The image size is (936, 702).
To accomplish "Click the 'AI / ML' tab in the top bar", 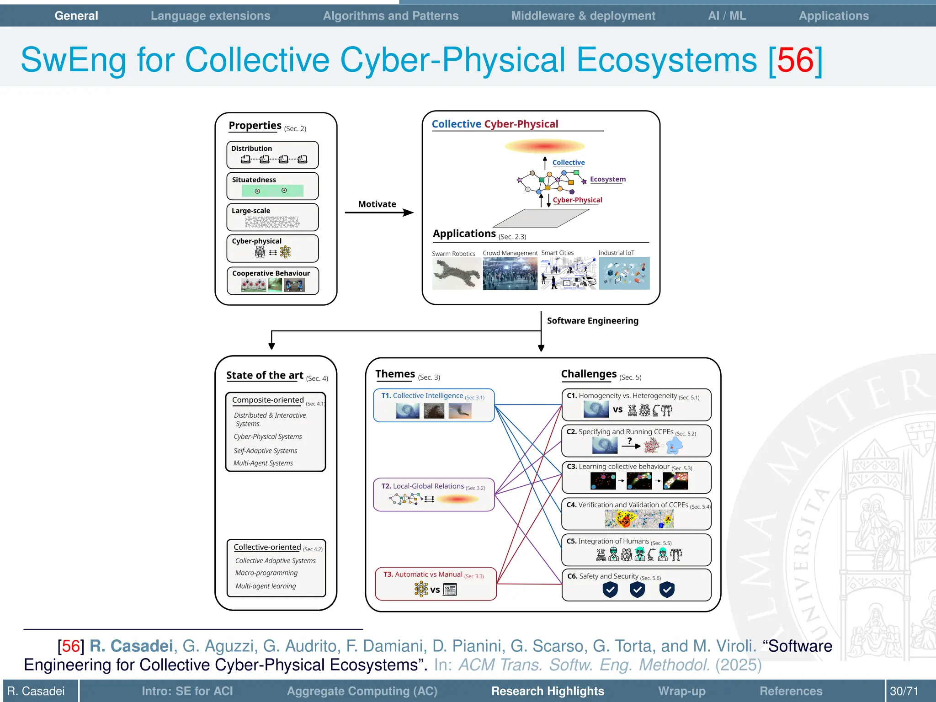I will (727, 16).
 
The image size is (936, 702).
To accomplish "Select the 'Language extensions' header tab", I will (210, 16).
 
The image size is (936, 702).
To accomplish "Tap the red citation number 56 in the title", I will (795, 60).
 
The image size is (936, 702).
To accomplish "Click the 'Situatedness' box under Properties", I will (272, 186).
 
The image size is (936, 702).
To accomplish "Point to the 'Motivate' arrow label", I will (377, 204).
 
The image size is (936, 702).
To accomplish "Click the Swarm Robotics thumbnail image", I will (456, 273).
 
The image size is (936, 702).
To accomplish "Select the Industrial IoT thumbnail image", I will (624, 273).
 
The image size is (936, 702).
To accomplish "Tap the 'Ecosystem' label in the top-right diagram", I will (607, 179).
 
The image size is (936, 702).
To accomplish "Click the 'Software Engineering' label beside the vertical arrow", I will (592, 321).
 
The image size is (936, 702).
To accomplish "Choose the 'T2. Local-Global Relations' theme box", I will (434, 494).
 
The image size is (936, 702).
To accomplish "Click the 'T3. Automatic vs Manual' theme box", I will (436, 583).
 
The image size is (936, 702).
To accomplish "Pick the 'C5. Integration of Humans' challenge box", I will (636, 549).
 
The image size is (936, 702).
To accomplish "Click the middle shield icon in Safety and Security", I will (637, 590).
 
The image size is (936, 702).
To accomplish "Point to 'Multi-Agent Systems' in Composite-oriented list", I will (263, 463).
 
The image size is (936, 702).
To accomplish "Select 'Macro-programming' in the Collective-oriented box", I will (266, 573).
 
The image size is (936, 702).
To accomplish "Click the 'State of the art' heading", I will (265, 375).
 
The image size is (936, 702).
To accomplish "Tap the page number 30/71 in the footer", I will (904, 691).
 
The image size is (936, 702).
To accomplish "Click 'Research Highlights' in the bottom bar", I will (548, 691).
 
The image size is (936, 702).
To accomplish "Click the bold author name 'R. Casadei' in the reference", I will (131, 646).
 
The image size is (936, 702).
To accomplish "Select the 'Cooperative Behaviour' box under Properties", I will (273, 281).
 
